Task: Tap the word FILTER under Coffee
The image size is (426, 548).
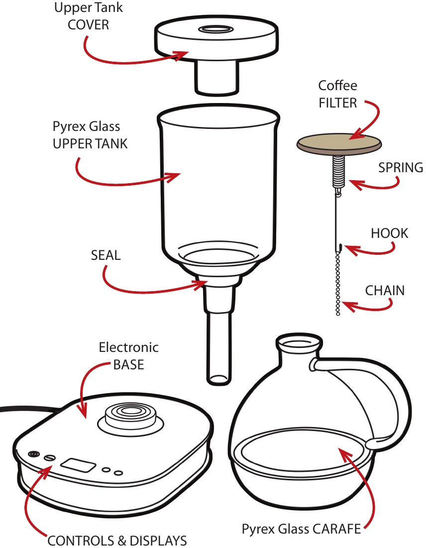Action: click(338, 103)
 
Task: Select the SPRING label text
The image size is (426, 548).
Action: click(401, 168)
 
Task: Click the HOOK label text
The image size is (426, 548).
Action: click(389, 233)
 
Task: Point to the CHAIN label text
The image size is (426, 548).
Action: click(385, 290)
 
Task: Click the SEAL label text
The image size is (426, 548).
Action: click(106, 255)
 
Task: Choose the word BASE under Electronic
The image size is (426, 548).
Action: click(128, 364)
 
